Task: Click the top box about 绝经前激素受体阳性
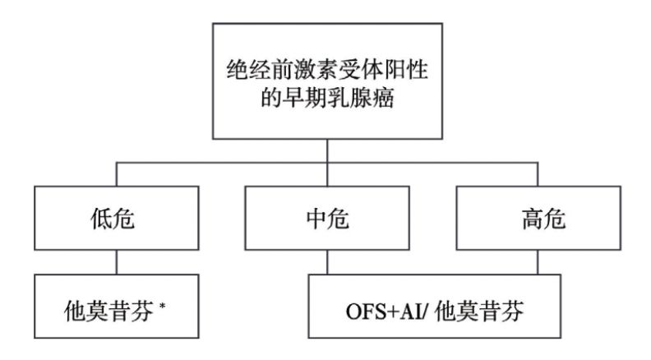(329, 81)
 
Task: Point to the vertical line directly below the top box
(329, 150)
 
